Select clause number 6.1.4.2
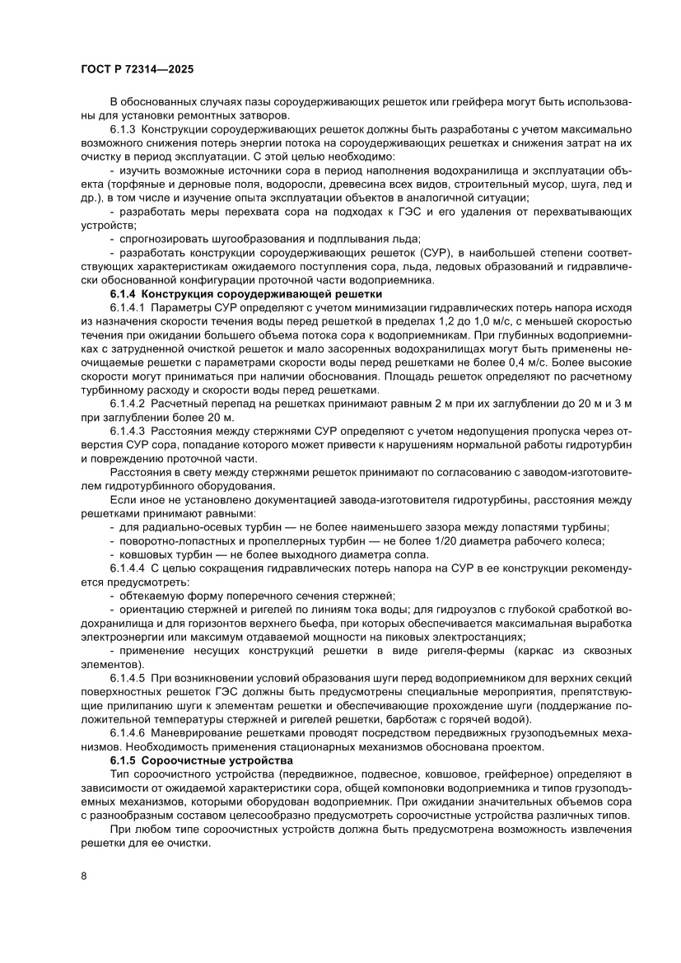coord(128,404)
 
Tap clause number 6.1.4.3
coord(128,431)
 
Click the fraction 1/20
coord(468,540)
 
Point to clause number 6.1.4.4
coord(128,568)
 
